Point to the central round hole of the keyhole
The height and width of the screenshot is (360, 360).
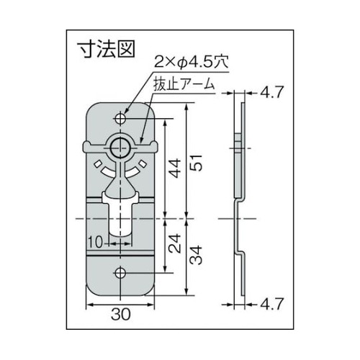[x=120, y=148]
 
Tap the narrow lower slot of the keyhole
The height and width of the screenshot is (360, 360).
[x=120, y=220]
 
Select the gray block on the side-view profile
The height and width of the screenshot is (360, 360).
[x=238, y=144]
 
